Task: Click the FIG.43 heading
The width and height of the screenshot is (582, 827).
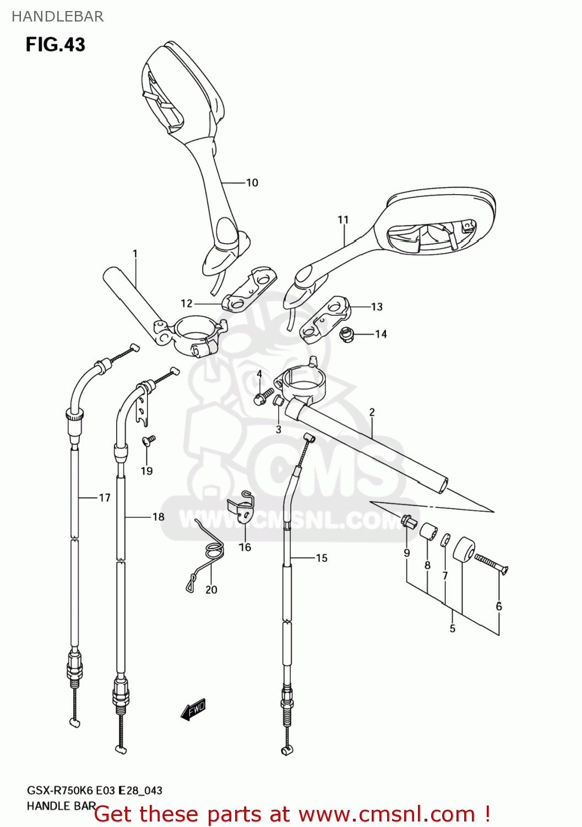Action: pyautogui.click(x=56, y=45)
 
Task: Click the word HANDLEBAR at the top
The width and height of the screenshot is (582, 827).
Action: pyautogui.click(x=58, y=17)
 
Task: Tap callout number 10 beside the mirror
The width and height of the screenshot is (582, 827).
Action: pyautogui.click(x=252, y=182)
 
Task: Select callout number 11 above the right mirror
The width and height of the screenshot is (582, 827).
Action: pyautogui.click(x=343, y=219)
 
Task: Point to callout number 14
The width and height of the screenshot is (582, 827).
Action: pyautogui.click(x=381, y=334)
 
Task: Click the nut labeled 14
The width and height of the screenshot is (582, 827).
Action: pyautogui.click(x=347, y=334)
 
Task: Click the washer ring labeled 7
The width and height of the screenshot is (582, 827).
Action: pyautogui.click(x=445, y=541)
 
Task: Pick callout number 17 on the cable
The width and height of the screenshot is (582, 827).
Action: pyautogui.click(x=105, y=498)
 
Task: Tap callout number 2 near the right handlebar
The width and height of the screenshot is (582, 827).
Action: pyautogui.click(x=372, y=412)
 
